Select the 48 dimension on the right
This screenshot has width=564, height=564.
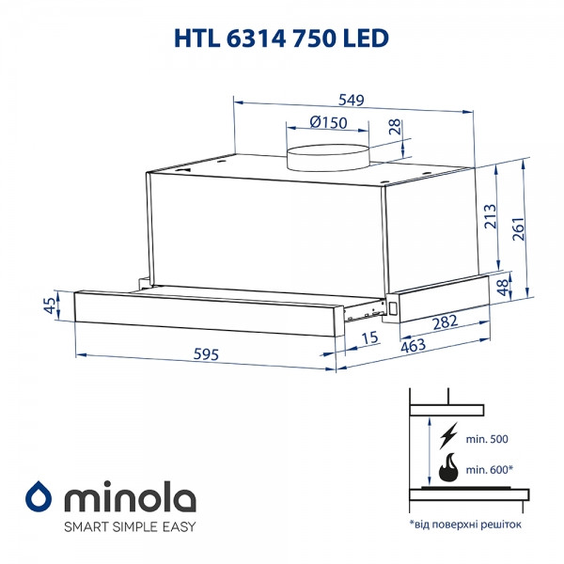(x=503, y=285)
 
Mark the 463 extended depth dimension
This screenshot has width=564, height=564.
(x=411, y=345)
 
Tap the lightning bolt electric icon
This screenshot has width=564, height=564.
(x=447, y=434)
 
